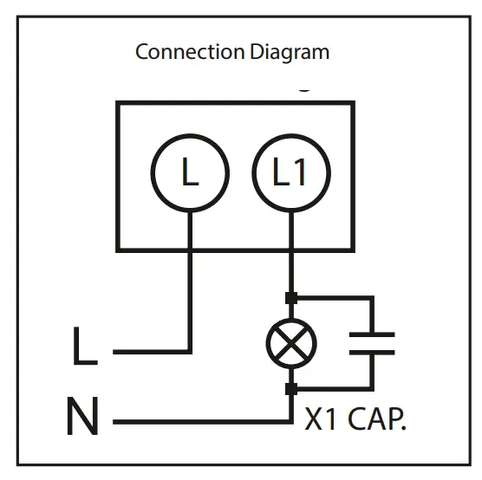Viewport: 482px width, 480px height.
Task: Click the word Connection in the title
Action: (179, 52)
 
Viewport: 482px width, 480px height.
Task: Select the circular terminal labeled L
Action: (190, 174)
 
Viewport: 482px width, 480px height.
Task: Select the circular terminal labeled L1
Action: (290, 174)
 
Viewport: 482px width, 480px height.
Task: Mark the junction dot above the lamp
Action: (290, 298)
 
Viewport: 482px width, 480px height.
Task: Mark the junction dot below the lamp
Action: (290, 389)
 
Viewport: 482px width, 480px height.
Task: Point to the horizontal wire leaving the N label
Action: (199, 422)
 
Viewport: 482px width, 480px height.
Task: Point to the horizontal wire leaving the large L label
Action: (152, 352)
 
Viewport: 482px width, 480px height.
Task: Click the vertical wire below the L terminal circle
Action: (190, 277)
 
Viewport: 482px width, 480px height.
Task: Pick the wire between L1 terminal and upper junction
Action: (290, 256)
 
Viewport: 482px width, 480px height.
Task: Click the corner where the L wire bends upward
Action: (190, 352)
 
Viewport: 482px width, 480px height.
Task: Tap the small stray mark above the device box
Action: (303, 88)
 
